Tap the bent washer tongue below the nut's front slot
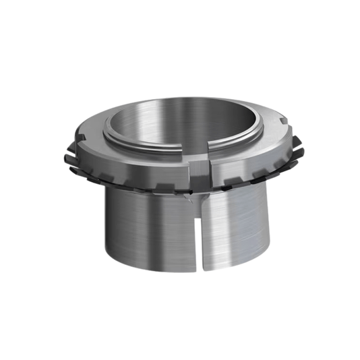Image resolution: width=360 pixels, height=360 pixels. pos(196,198)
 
